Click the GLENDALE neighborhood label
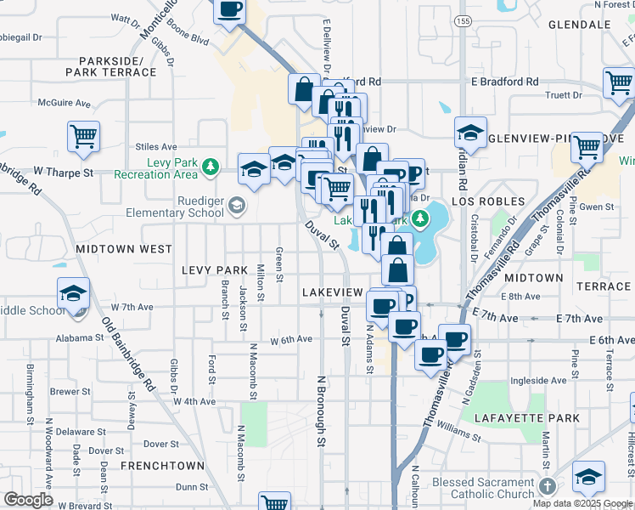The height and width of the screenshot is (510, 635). coord(580,25)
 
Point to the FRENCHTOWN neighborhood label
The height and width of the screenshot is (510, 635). coord(162,466)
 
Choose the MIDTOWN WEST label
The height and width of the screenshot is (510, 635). coord(124,249)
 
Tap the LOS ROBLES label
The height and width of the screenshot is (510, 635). coord(484,202)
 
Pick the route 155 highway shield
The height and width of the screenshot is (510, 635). coord(462,20)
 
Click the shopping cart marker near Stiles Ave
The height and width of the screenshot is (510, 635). coord(83,136)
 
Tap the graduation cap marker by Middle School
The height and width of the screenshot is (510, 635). coord(74,294)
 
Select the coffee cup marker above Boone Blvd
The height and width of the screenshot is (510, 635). coord(230,10)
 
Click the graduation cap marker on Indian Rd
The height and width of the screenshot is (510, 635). coord(469,133)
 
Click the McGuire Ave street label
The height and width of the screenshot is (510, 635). coord(64,103)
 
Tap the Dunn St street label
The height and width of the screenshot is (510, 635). coord(192,487)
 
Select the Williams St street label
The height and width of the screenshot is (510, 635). coord(461,433)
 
